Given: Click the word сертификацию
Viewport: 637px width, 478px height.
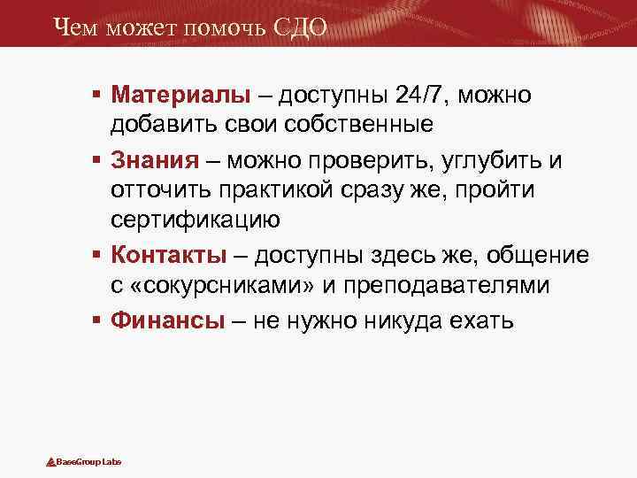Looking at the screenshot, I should pos(195,219).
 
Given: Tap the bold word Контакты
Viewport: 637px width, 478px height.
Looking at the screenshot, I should pos(170,256).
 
